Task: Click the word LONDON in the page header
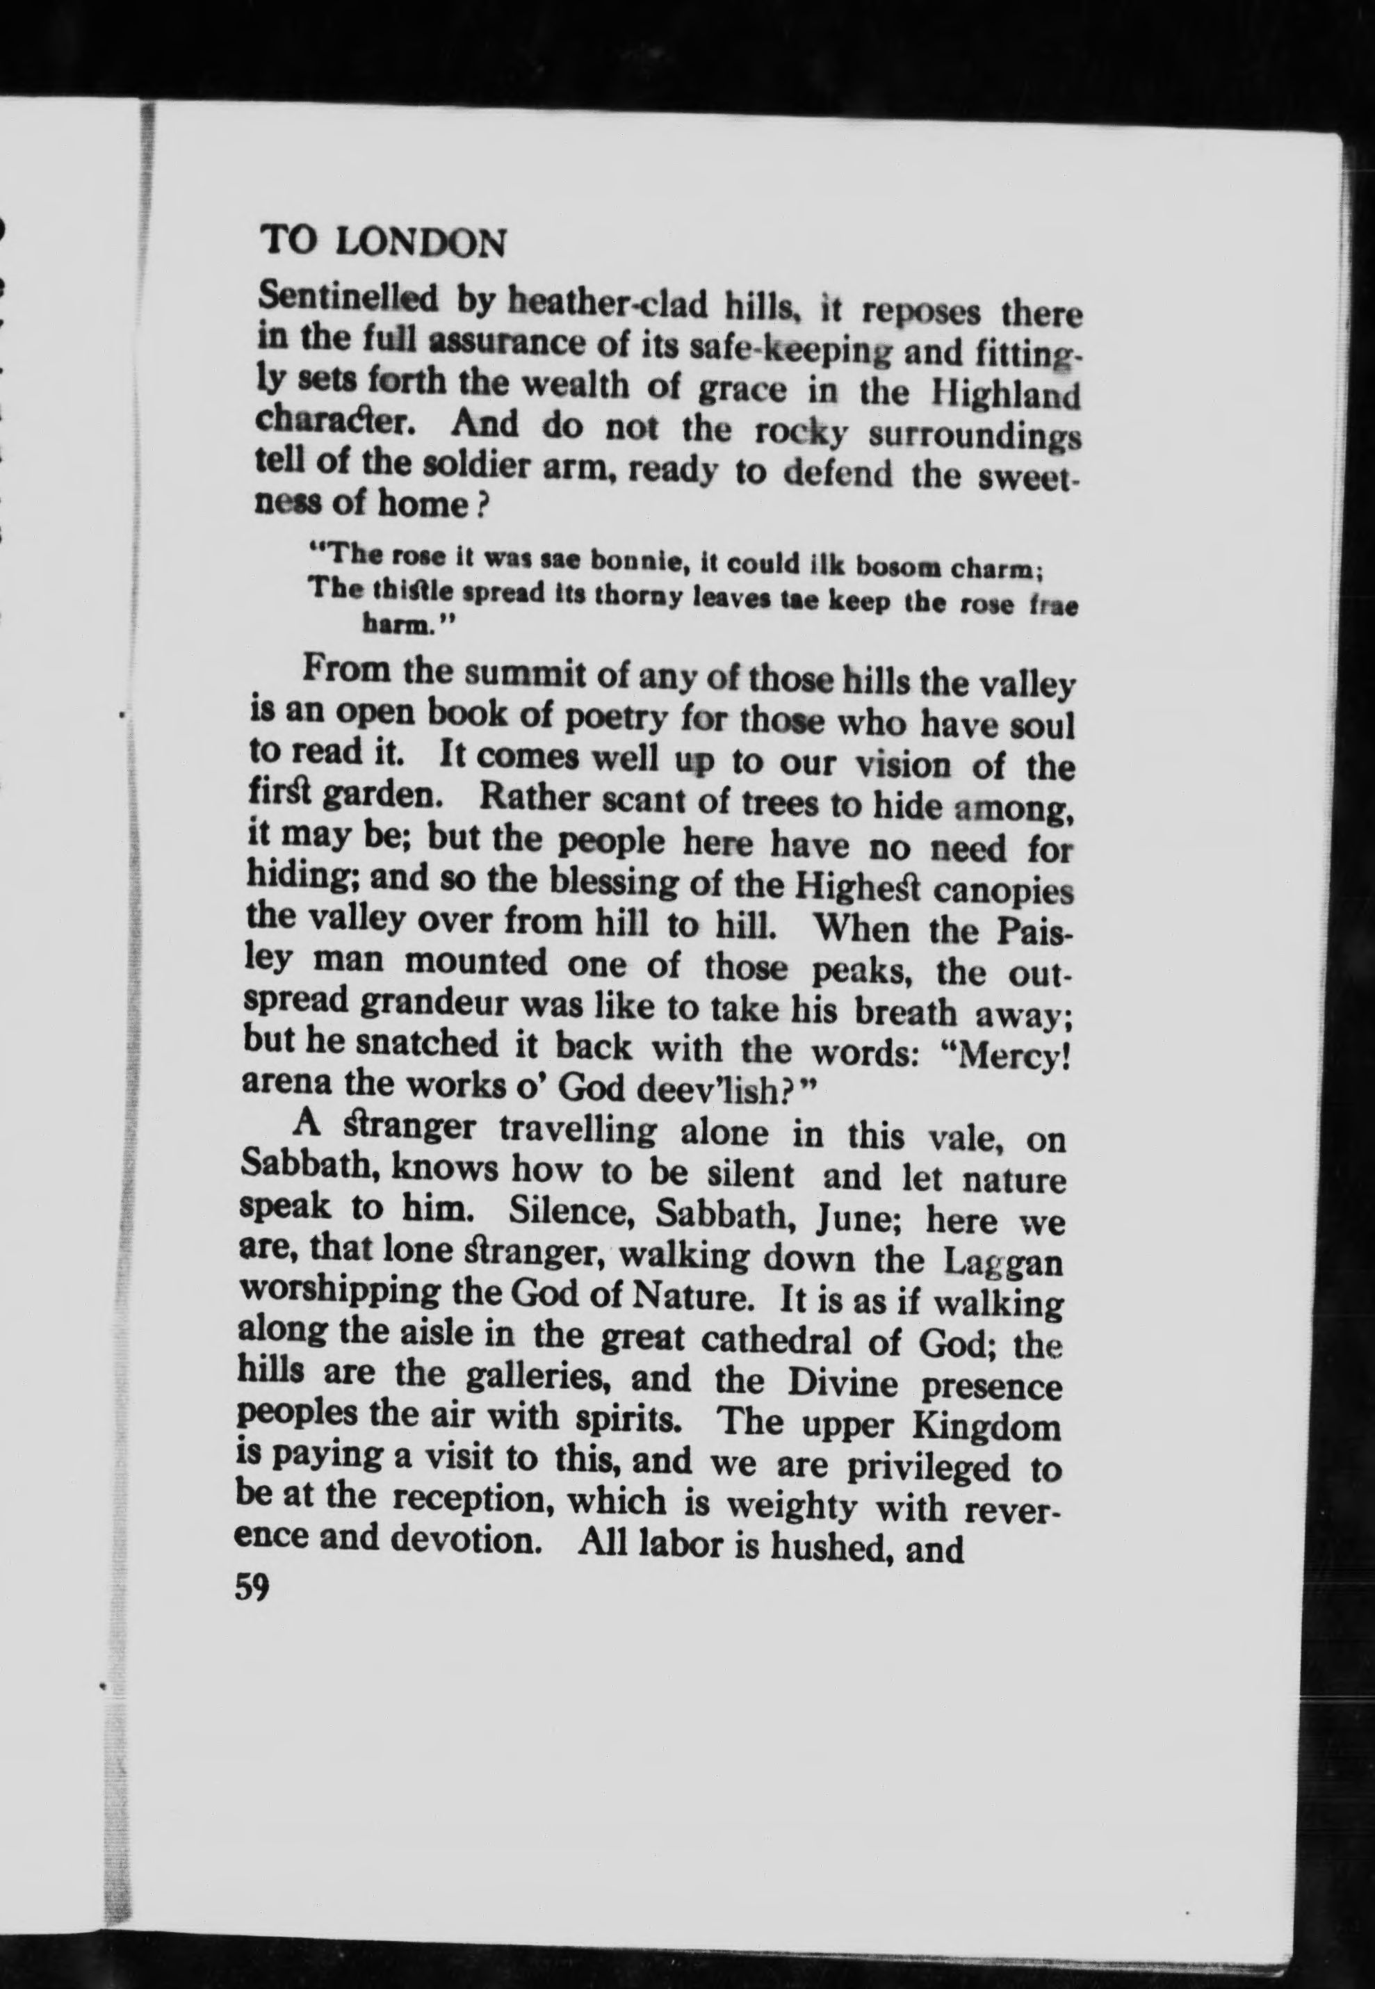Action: [x=421, y=242]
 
